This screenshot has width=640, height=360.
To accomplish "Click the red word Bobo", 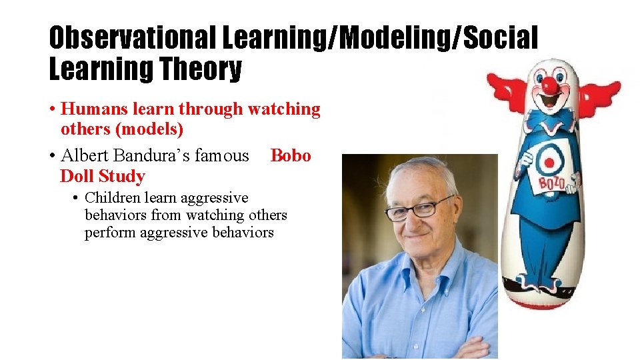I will click(291, 156).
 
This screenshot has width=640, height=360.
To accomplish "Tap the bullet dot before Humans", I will click(52, 109).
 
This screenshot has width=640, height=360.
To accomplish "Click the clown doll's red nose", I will click(549, 85).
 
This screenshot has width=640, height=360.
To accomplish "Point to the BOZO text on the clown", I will click(544, 181).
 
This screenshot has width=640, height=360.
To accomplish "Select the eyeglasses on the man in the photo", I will click(419, 209).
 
